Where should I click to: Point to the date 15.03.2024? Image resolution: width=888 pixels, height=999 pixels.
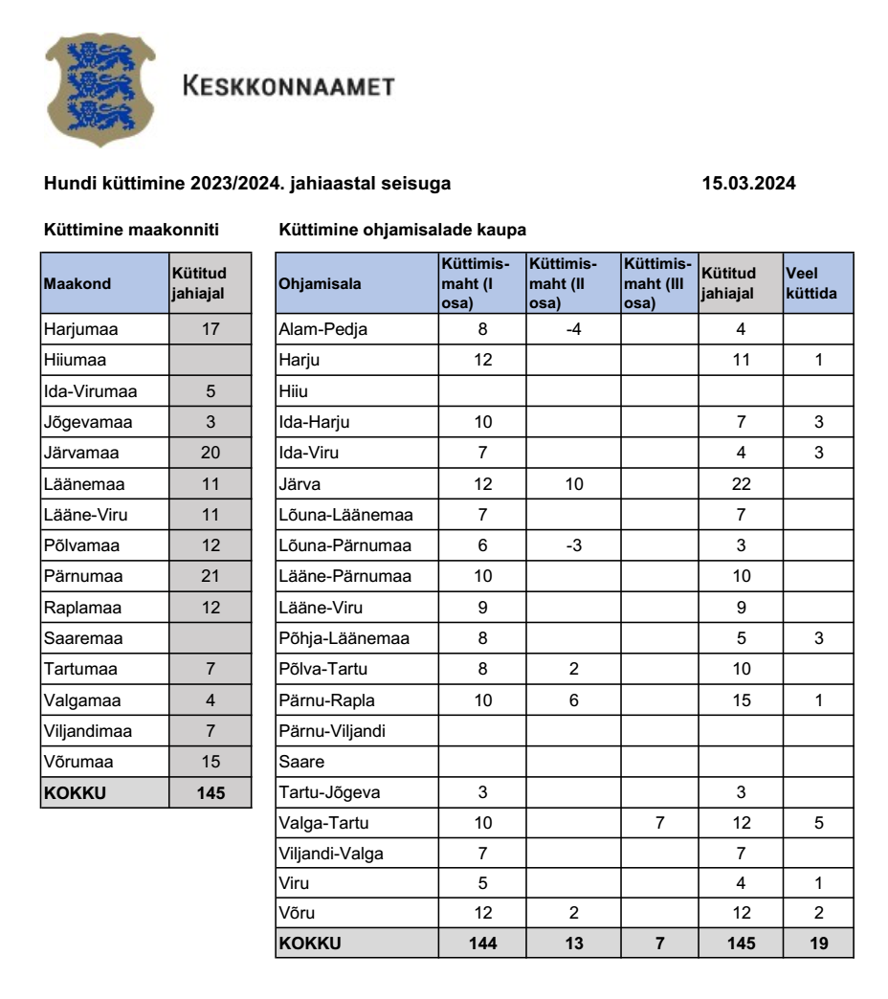click(x=749, y=183)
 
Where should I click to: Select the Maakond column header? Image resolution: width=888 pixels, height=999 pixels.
click(x=78, y=283)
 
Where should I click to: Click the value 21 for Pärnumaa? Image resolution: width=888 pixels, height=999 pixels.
click(x=211, y=576)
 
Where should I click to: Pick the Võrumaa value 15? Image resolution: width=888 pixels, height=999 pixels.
click(x=211, y=761)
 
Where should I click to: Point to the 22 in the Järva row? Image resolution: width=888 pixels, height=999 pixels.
click(x=741, y=483)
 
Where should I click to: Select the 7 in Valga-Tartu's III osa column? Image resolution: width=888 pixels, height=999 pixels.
click(x=658, y=823)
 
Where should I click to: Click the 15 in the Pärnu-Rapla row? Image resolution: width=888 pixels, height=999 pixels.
click(x=741, y=699)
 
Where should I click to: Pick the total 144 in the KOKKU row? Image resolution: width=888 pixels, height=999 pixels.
click(x=483, y=943)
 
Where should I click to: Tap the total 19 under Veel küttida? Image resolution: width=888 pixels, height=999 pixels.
click(x=818, y=943)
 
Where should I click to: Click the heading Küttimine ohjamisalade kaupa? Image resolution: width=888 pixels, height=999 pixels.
click(x=402, y=231)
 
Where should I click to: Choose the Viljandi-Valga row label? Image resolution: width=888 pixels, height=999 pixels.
click(x=331, y=854)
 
